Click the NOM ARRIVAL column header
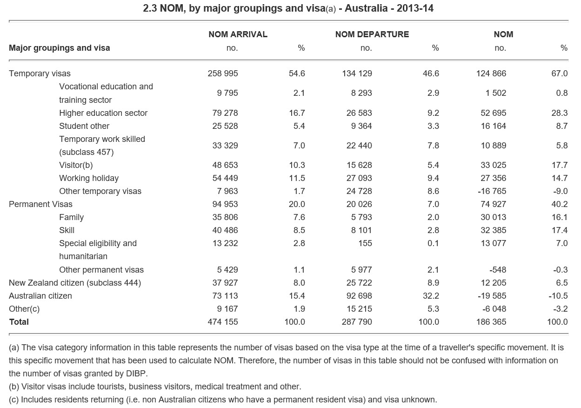[x=238, y=34]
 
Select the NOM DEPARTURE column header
[x=372, y=34]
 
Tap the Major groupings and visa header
[x=60, y=48]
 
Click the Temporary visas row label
[x=40, y=74]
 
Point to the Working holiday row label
[x=88, y=178]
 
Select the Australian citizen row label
[x=40, y=296]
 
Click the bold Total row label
[x=19, y=322]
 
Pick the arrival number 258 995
[x=222, y=74]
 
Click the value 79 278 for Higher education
[x=225, y=113]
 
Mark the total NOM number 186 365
[x=491, y=322]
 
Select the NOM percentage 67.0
[x=559, y=74]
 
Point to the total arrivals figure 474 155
[x=222, y=322]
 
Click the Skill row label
[x=67, y=230]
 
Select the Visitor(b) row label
[x=76, y=165]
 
